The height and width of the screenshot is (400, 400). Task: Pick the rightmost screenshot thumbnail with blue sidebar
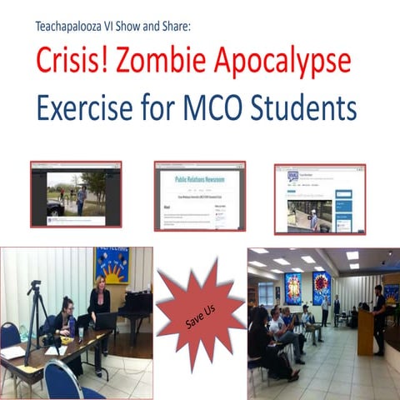coord(320,198)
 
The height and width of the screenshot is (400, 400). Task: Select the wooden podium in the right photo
coord(365,332)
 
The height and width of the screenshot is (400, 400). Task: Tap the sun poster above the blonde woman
coord(112,265)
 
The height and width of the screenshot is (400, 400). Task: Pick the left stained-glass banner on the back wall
coord(292,288)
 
